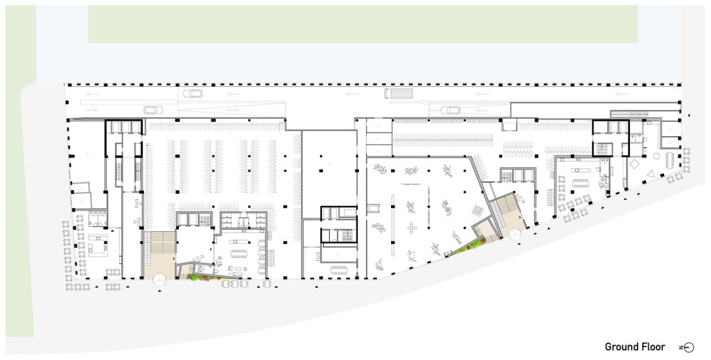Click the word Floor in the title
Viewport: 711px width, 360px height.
click(655, 347)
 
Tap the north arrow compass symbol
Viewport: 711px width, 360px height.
click(687, 348)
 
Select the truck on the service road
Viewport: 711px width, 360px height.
click(399, 94)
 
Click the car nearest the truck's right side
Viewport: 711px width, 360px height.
click(450, 110)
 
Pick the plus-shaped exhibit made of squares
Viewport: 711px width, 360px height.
click(411, 228)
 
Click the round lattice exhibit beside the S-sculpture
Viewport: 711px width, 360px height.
click(478, 210)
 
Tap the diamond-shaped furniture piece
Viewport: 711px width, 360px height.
click(634, 164)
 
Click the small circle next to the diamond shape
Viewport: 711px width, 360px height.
click(656, 156)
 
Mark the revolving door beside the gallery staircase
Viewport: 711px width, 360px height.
click(515, 235)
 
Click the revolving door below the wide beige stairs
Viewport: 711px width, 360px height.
click(159, 279)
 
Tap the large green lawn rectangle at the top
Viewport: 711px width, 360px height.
click(363, 24)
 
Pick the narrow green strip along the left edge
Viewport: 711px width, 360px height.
click(20, 171)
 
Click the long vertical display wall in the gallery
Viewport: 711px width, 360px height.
click(393, 226)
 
